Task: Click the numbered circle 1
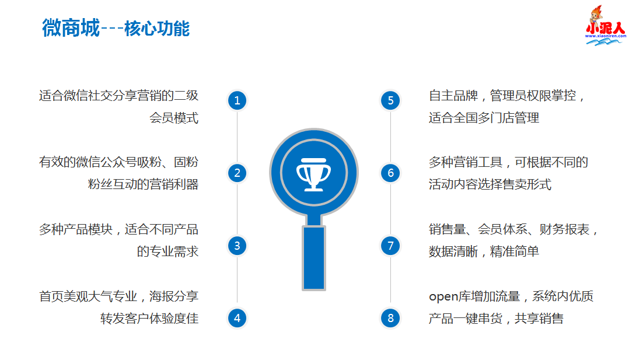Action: pyautogui.click(x=237, y=100)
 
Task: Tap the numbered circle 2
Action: pyautogui.click(x=237, y=173)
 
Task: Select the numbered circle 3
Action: pyautogui.click(x=237, y=246)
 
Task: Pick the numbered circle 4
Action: pyautogui.click(x=237, y=318)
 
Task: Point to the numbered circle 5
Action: pyautogui.click(x=390, y=100)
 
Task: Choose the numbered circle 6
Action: pyautogui.click(x=390, y=173)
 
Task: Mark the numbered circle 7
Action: pyautogui.click(x=390, y=246)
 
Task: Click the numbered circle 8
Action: pyautogui.click(x=390, y=318)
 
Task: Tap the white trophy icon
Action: pyautogui.click(x=314, y=172)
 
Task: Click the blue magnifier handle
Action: pyautogui.click(x=314, y=257)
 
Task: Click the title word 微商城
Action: pyautogui.click(x=71, y=28)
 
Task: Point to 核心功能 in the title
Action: pyautogui.click(x=157, y=28)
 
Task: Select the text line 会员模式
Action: pyautogui.click(x=174, y=118)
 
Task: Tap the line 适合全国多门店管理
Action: pyautogui.click(x=484, y=118)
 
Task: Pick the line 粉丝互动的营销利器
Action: pyautogui.click(x=143, y=184)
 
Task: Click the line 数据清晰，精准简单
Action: pyautogui.click(x=484, y=251)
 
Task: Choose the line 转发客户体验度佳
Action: pyautogui.click(x=149, y=319)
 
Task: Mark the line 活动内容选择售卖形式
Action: pyautogui.click(x=490, y=184)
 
